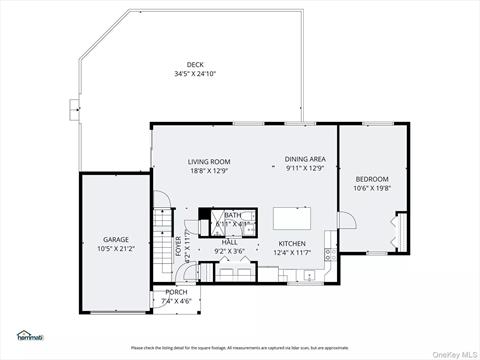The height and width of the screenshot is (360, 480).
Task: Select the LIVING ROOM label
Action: point(209,161)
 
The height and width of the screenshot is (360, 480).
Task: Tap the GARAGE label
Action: point(115,241)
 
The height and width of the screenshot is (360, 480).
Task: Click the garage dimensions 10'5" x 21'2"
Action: point(115,249)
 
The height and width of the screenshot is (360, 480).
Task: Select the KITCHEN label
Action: point(292,243)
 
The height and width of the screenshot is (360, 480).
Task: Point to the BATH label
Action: point(232,215)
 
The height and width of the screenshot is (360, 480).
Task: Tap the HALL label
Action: point(229,242)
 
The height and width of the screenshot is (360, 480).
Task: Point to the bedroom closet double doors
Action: point(400,229)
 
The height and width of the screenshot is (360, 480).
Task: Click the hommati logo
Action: point(33,335)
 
